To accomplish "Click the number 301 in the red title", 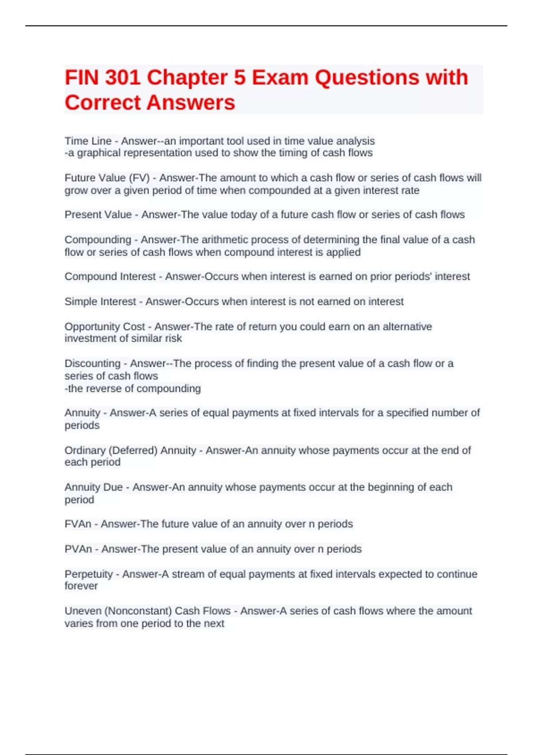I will [x=123, y=78].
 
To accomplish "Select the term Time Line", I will [x=88, y=141].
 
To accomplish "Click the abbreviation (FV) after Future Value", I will [x=139, y=178].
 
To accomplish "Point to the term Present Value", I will [x=98, y=215].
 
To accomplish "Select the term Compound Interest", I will [x=110, y=277].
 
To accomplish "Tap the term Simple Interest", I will [x=100, y=302].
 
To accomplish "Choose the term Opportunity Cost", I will [x=105, y=327].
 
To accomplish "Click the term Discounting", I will [x=92, y=364].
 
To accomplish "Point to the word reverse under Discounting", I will [x=102, y=389].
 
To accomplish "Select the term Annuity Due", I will [x=94, y=487].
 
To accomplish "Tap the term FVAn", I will [x=78, y=524].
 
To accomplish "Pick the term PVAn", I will [x=78, y=549].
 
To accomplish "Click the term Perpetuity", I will [x=89, y=574].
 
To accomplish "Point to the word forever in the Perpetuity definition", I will [x=81, y=586].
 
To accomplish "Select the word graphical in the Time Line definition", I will [x=99, y=153].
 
